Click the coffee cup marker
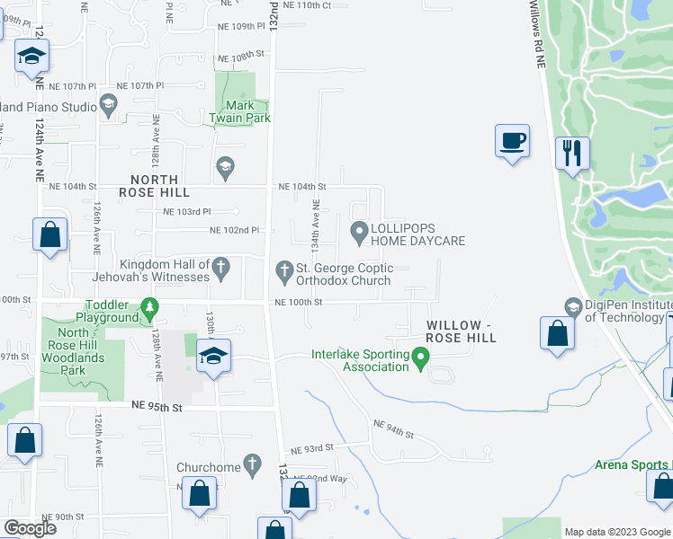[512, 142]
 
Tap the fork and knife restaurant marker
[571, 154]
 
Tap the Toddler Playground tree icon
[149, 311]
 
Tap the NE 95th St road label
[158, 407]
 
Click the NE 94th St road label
[393, 429]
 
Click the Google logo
[31, 527]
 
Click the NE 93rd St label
[311, 447]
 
